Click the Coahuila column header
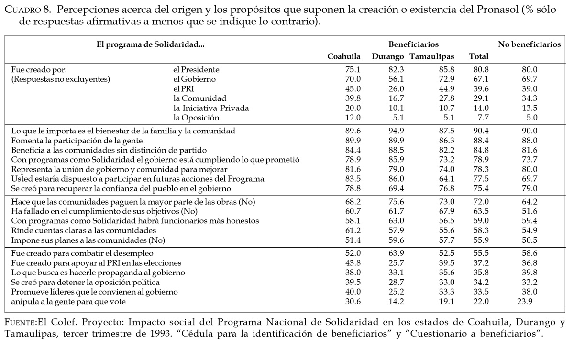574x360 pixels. point(343,56)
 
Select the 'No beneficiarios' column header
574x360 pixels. point(529,44)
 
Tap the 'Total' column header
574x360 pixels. point(479,56)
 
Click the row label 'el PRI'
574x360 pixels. point(184,88)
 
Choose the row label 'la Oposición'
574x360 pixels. point(196,118)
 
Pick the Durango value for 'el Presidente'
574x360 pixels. point(396,69)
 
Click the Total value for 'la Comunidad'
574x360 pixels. point(479,98)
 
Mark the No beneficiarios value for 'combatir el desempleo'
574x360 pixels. point(529,253)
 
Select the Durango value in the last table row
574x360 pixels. point(396,301)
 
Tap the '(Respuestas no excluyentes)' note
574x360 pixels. point(61,79)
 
